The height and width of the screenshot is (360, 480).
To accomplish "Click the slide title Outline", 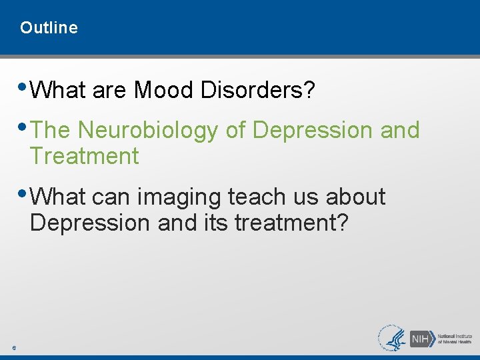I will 49,28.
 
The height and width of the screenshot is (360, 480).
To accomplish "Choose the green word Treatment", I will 84,157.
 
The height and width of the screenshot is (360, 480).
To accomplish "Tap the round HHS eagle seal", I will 392,337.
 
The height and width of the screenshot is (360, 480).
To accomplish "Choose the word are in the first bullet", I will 109,90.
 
